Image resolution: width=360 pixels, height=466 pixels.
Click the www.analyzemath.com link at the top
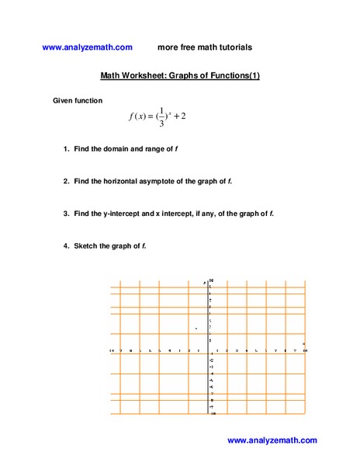click(88, 47)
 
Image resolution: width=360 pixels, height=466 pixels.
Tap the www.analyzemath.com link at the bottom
click(272, 440)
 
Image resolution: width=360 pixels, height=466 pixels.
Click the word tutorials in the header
click(232, 47)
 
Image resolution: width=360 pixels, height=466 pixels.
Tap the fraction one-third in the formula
click(161, 116)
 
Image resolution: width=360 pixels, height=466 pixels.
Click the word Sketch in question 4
click(85, 245)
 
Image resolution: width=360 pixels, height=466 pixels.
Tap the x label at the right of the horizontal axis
click(303, 343)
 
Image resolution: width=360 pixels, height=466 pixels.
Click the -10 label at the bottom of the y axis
click(213, 414)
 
